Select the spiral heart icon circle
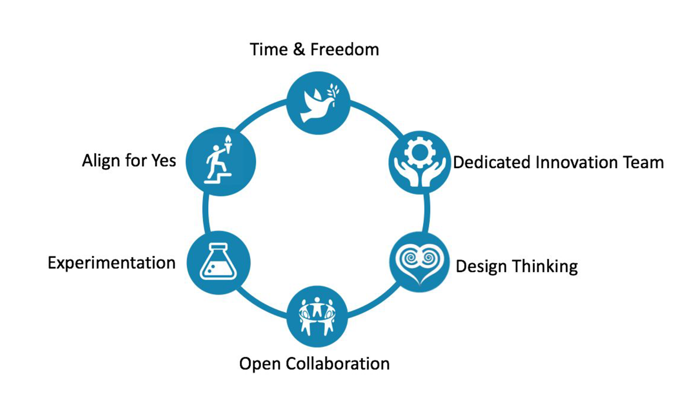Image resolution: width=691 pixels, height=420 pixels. tap(420, 262)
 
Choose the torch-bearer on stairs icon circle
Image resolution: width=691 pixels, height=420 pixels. tap(221, 161)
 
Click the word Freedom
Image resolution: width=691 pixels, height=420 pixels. tap(347, 50)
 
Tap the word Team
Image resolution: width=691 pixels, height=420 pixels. tap(643, 162)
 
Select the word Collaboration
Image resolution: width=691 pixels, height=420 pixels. tap(338, 364)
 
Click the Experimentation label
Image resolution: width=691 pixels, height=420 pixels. tap(111, 263)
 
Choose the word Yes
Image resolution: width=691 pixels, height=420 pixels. tap(162, 160)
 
